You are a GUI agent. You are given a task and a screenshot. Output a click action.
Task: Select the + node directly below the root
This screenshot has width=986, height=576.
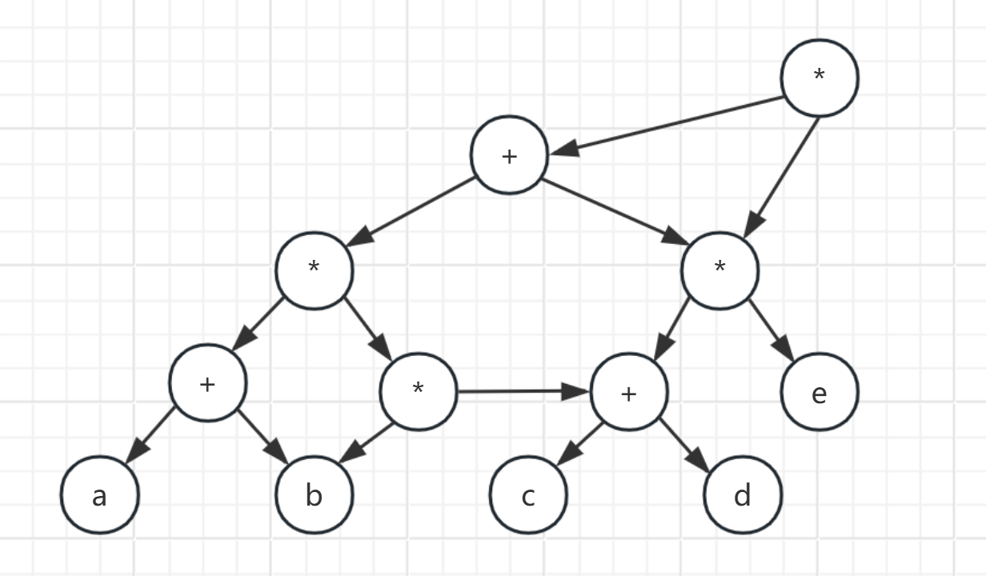point(509,155)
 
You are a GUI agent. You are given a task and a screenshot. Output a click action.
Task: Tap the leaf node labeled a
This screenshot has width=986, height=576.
point(99,496)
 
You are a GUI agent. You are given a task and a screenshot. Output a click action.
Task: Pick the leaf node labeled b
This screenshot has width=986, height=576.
point(314,496)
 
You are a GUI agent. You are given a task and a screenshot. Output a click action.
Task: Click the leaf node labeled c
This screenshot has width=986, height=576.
point(528,496)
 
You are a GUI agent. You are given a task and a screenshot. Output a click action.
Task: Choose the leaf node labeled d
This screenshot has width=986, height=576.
point(743,496)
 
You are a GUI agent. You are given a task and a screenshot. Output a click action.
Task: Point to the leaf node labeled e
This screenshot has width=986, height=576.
point(820,394)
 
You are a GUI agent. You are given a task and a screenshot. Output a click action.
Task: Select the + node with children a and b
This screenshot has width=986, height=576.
point(208,384)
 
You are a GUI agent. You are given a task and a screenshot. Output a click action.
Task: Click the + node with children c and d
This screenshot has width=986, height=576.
point(629,393)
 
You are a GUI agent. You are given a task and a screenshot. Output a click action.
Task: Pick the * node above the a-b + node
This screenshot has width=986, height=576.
point(314,270)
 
